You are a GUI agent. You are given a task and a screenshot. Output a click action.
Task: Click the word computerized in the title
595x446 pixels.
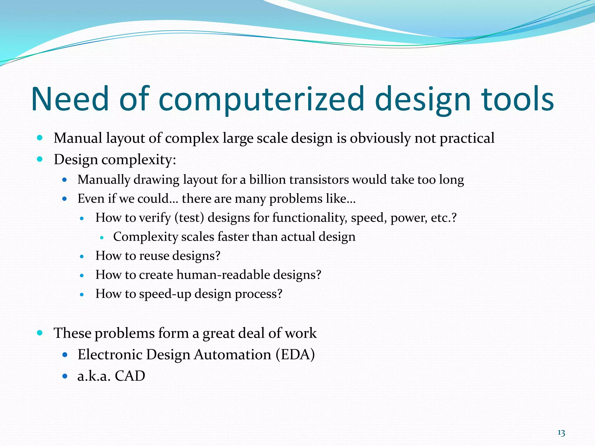(261, 99)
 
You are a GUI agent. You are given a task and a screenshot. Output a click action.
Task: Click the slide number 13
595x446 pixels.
(561, 433)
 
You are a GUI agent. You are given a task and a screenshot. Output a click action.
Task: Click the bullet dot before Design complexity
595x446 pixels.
(40, 159)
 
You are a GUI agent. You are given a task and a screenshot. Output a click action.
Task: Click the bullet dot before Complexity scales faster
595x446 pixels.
(101, 238)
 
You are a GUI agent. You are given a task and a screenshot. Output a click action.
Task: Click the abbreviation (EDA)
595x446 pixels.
(295, 355)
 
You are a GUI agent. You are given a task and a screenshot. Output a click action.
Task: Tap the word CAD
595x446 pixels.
(130, 376)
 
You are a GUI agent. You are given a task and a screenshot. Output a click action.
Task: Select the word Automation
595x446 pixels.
(232, 355)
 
